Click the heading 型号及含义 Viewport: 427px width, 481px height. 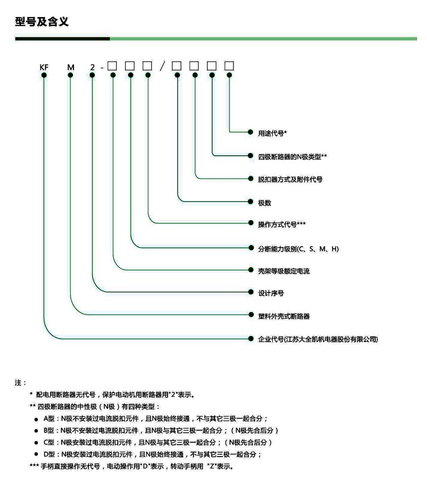42,22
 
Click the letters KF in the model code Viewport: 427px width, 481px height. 44,67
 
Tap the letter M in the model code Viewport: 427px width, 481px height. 71,67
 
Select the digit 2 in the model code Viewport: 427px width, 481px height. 92,67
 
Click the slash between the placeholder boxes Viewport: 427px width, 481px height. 162,66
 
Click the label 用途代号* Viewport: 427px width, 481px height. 272,133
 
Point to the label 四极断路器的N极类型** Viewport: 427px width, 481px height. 292,157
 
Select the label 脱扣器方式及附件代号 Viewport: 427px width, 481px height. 290,180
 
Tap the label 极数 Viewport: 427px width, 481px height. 265,203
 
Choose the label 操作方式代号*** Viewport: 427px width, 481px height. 282,225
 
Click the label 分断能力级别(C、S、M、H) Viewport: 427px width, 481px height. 298,249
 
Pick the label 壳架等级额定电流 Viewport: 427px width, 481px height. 284,271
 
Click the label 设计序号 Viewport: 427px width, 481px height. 271,293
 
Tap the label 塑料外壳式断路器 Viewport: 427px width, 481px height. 284,316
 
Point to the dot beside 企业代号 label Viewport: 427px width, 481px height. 251,339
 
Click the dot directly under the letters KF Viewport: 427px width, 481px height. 44,75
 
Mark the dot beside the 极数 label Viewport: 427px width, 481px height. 251,201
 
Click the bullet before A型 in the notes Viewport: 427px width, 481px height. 36,420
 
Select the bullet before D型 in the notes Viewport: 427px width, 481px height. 36,454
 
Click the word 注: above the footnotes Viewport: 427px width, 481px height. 20,383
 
